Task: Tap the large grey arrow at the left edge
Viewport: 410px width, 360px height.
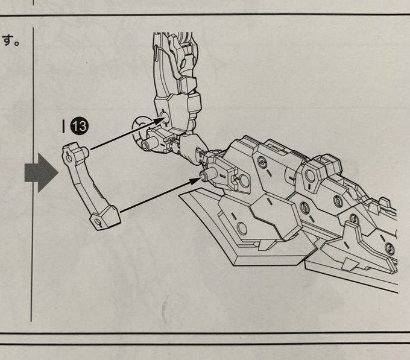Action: pos(41,172)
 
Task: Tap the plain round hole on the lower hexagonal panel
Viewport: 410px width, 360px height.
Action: pos(241,227)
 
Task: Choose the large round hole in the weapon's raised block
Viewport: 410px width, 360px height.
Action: pos(311,175)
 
